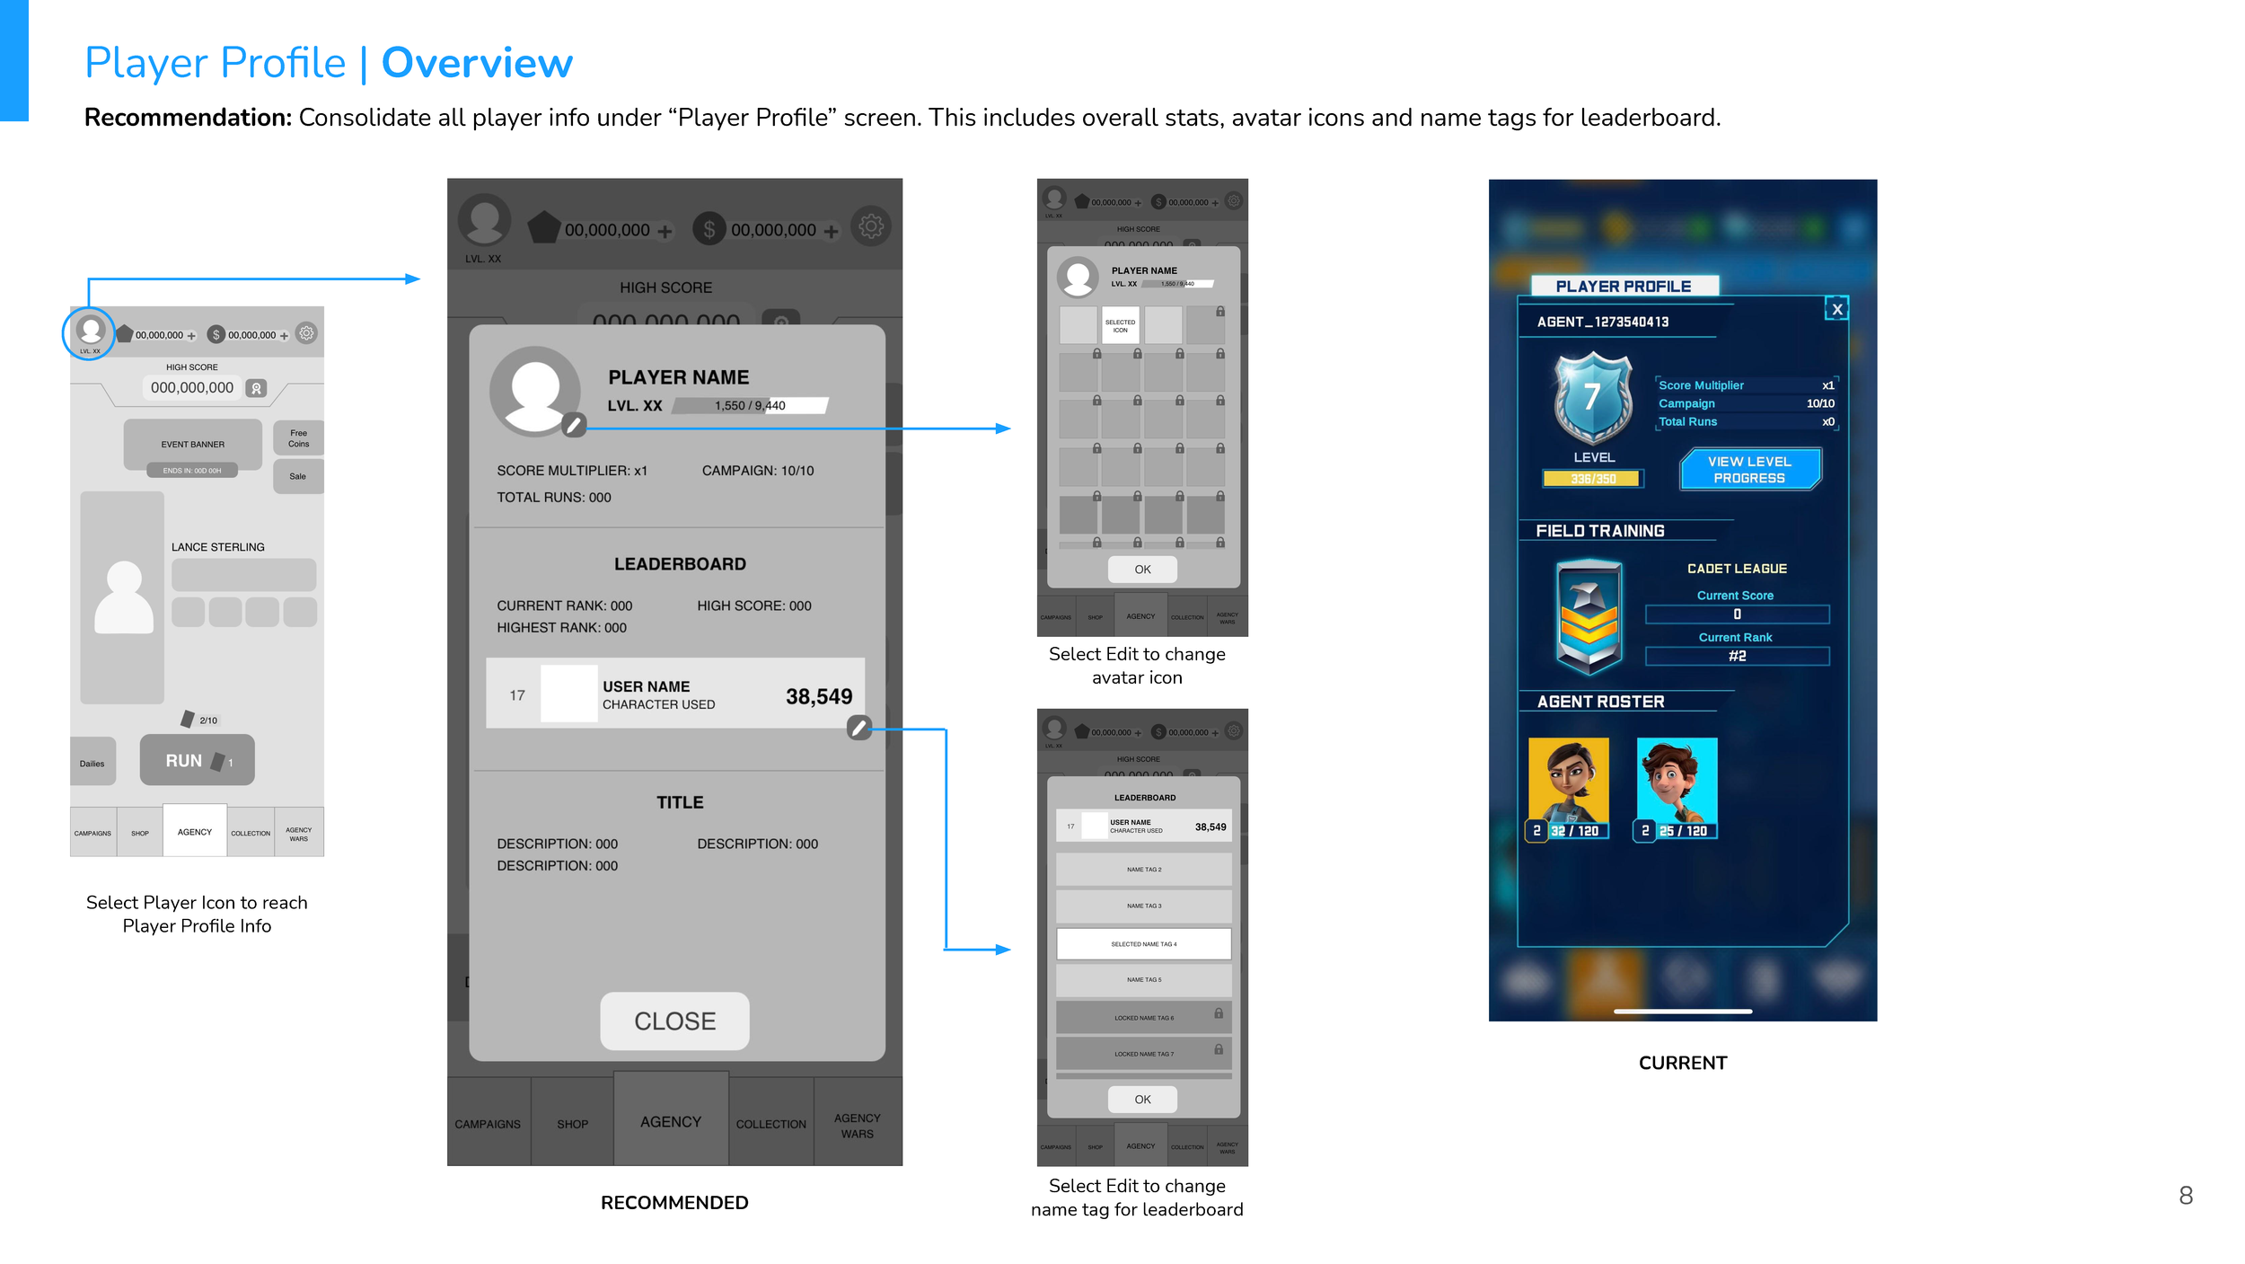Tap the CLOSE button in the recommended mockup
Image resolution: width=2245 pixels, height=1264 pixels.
[674, 1021]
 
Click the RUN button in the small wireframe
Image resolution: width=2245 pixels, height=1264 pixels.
[197, 760]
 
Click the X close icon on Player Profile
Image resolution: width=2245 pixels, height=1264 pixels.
[1836, 309]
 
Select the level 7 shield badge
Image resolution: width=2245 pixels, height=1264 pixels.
[1592, 397]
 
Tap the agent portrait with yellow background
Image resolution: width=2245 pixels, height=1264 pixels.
[1568, 781]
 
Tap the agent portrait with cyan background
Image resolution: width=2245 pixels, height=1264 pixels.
[1677, 781]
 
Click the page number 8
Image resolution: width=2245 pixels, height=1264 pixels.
[2185, 1195]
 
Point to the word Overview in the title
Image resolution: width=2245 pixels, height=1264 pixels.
[477, 63]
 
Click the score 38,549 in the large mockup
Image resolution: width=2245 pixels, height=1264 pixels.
[818, 696]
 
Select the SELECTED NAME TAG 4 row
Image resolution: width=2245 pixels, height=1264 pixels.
[1143, 943]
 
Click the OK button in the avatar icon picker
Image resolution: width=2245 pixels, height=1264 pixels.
[1142, 569]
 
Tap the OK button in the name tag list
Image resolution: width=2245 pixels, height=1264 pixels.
[1142, 1099]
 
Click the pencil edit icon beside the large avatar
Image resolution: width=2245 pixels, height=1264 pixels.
[574, 425]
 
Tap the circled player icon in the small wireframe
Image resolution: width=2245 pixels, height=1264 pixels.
[89, 331]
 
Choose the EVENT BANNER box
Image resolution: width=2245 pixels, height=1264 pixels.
[192, 444]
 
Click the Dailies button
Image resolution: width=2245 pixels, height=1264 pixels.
[92, 763]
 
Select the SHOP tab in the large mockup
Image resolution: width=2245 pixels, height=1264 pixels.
[572, 1123]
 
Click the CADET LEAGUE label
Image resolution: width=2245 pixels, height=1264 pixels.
[1736, 569]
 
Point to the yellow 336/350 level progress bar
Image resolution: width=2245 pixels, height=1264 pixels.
[1592, 479]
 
